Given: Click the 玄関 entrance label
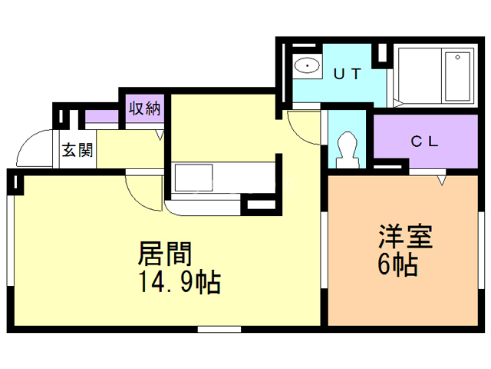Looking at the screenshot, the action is tap(77, 150).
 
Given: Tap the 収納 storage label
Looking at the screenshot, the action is tap(145, 108).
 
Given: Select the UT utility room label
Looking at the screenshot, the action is tap(348, 74).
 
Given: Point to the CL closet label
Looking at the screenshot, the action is tap(424, 141).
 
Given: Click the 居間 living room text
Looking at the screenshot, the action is tap(165, 254).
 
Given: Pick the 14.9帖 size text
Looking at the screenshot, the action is tap(180, 281).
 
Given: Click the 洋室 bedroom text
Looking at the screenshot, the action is tap(406, 237).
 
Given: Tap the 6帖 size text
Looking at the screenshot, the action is tap(397, 264).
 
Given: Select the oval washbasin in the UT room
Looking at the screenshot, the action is tap(307, 66).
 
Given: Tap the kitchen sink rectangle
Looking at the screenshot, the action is tap(194, 178).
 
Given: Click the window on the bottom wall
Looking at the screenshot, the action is tap(219, 329).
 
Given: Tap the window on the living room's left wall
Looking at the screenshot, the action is tap(10, 241).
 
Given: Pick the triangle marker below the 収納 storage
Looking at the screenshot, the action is tap(160, 135).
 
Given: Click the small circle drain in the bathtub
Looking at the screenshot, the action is tap(457, 58).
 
